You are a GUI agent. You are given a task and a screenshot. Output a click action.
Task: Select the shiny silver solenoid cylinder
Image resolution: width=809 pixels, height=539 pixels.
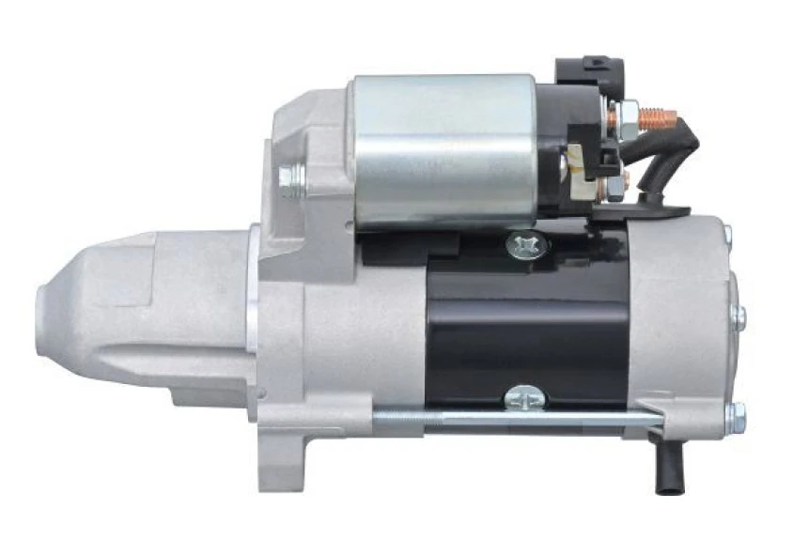[442, 150]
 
